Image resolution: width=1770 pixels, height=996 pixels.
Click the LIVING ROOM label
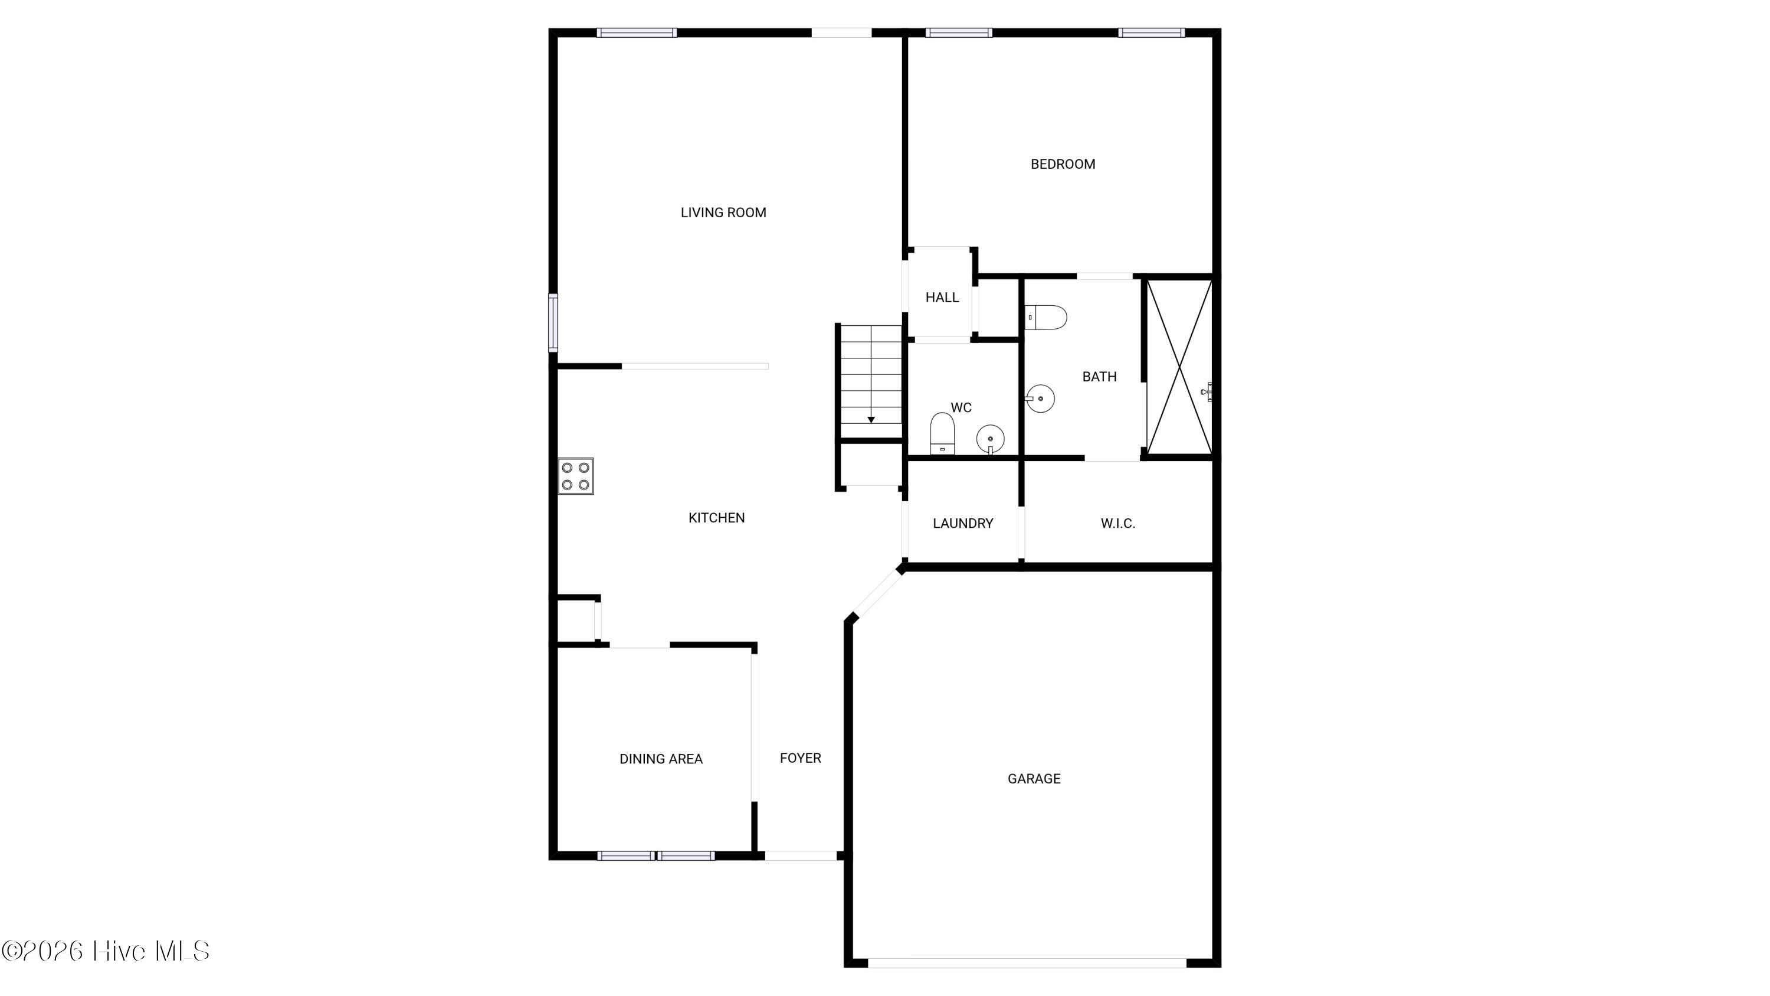[x=723, y=213]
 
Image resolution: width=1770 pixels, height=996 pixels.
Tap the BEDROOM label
[x=1063, y=164]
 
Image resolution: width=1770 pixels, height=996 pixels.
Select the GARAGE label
[x=1034, y=779]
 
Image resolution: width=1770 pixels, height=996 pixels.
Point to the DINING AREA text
[x=661, y=759]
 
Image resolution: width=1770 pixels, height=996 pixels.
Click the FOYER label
[x=801, y=758]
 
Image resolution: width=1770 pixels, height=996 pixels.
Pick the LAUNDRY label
[x=963, y=524]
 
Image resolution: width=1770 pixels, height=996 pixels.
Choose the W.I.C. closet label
[x=1118, y=524]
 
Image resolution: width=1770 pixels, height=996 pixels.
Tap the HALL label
[x=942, y=298]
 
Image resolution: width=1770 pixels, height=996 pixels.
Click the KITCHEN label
[x=717, y=518]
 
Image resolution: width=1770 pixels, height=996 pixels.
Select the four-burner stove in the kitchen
[x=575, y=476]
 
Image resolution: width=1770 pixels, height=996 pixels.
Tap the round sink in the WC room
[x=990, y=439]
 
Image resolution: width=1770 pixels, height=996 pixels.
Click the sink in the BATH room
[x=1040, y=399]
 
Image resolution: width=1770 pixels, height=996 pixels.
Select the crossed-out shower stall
[x=1179, y=367]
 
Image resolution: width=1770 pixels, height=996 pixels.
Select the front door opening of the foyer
[x=801, y=855]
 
